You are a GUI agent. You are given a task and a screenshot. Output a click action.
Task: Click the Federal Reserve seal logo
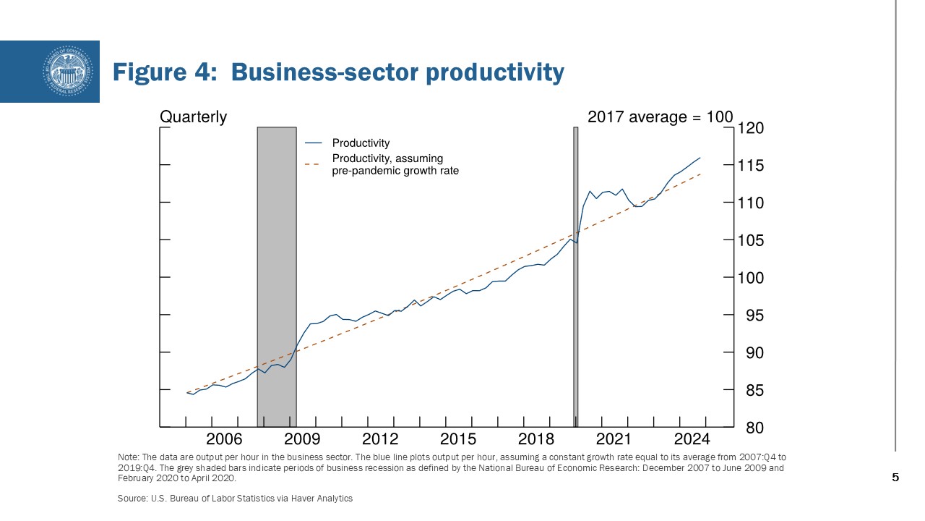click(69, 71)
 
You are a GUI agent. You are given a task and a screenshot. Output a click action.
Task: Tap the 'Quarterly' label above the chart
click(193, 117)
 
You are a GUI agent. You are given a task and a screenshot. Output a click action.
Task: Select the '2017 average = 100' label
click(660, 117)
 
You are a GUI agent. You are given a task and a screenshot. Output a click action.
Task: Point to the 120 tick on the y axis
click(750, 128)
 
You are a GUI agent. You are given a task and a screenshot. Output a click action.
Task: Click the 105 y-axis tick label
click(750, 240)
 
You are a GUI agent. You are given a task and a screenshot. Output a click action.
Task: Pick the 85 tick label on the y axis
click(750, 391)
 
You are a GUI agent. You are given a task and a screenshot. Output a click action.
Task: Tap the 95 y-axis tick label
click(750, 315)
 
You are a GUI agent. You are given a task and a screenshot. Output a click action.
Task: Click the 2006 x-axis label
click(224, 439)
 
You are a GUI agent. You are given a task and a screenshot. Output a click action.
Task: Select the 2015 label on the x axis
click(457, 439)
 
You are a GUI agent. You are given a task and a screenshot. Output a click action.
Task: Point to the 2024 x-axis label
click(692, 439)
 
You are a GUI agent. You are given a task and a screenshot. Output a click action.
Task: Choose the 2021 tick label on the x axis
click(614, 439)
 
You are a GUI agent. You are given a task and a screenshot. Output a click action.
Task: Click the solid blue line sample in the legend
click(314, 143)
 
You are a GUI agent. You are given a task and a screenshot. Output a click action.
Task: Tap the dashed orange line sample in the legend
click(314, 164)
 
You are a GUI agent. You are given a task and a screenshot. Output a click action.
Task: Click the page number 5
click(895, 478)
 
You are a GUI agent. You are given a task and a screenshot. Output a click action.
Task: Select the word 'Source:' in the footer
click(131, 499)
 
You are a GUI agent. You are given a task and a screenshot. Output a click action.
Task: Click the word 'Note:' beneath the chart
click(128, 457)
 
